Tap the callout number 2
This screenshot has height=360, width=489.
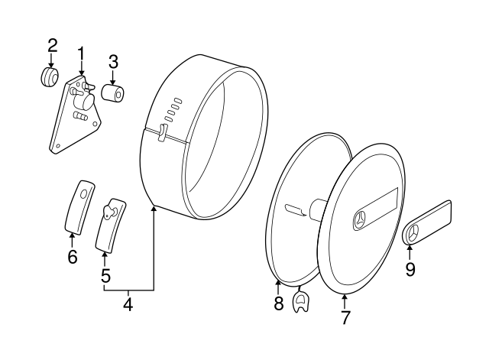(52, 45)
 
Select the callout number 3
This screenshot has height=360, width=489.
(112, 61)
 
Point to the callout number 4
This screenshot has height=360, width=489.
(128, 303)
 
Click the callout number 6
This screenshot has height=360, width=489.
(72, 257)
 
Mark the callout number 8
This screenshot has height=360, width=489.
(278, 303)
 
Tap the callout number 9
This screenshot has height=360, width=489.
(410, 269)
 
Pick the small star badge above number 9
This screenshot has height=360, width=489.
(413, 235)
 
